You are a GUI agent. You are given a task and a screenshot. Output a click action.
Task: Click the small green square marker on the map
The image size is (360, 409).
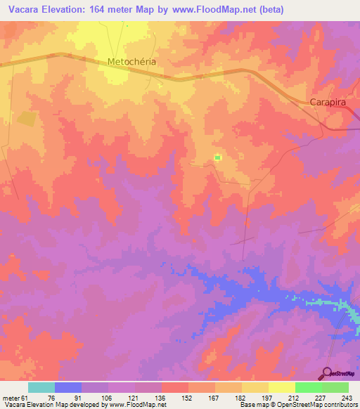pos(217,157)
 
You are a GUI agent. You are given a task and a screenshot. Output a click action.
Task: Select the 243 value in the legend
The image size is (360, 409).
pos(345,398)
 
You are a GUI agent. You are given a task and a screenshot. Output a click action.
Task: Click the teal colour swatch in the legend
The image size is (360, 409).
pos(41,387)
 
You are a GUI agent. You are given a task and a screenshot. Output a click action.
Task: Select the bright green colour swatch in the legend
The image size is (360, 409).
pos(309,387)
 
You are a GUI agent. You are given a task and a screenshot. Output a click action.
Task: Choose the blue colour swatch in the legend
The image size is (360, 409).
pos(68,387)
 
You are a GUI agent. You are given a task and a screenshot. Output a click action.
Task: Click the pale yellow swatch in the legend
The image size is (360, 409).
pos(281,387)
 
